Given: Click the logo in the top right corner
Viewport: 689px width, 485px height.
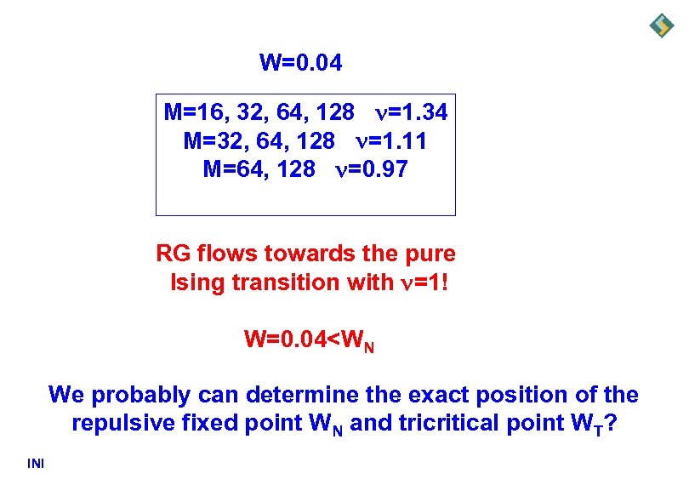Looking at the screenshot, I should tap(661, 26).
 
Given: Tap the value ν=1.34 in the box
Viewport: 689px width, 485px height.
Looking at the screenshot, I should tap(411, 112).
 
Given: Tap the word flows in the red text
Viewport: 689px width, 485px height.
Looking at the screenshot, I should tap(230, 254).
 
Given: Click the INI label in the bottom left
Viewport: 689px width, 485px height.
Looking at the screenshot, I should tap(36, 463).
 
